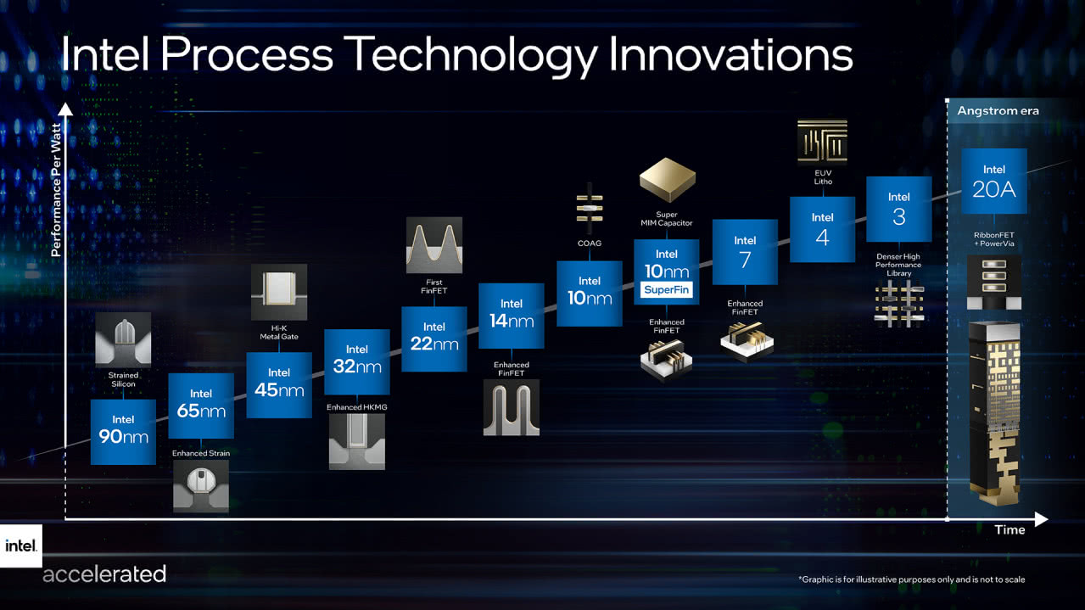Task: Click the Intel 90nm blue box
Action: click(123, 432)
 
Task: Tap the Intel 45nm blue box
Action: click(279, 384)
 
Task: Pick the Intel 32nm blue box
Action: click(357, 361)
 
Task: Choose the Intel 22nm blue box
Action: click(433, 339)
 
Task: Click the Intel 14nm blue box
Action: click(512, 316)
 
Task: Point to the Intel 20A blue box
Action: click(993, 182)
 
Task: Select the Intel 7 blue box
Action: click(745, 252)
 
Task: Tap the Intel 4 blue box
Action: click(822, 229)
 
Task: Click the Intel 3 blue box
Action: click(899, 209)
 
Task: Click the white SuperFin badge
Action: click(667, 290)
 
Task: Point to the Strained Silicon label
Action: click(123, 379)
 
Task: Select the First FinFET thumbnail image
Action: click(434, 245)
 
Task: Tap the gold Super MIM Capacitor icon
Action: click(667, 180)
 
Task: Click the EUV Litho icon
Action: click(822, 140)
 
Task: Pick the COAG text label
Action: click(589, 243)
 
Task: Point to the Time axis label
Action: click(1009, 529)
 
